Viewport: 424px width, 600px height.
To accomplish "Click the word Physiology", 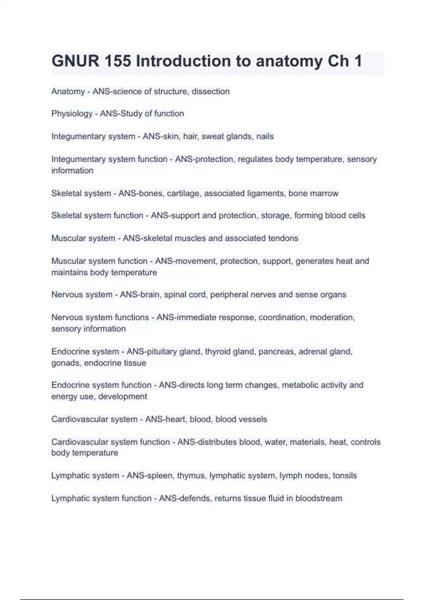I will pyautogui.click(x=72, y=114).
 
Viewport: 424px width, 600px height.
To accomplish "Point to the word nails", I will pyautogui.click(x=265, y=136).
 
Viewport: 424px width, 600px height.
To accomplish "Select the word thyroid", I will pyautogui.click(x=218, y=352).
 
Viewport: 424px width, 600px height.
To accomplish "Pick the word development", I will pyautogui.click(x=123, y=396).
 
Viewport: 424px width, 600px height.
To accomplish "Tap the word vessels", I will pyautogui.click(x=253, y=419).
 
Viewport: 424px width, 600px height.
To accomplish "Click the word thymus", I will pyautogui.click(x=191, y=476).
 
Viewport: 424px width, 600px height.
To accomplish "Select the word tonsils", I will pyautogui.click(x=344, y=476).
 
